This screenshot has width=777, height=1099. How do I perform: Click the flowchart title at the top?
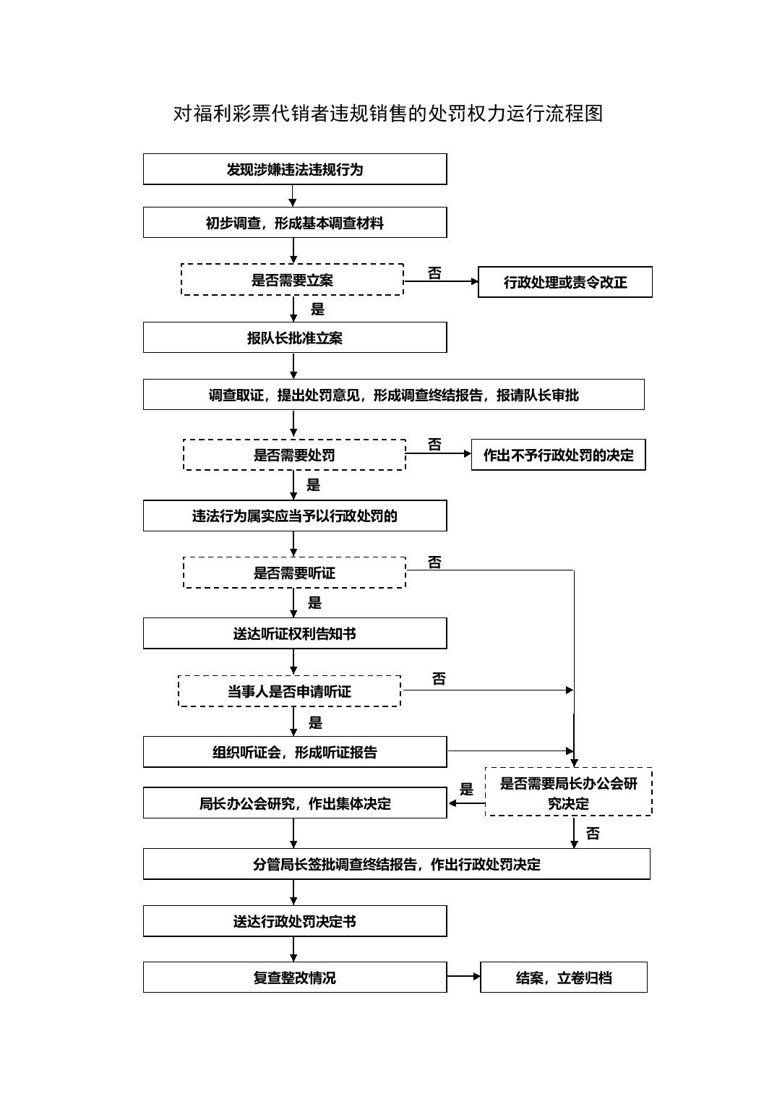(x=388, y=114)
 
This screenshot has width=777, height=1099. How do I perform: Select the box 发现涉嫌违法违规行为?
(x=295, y=169)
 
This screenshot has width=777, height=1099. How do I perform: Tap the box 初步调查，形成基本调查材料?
(x=295, y=223)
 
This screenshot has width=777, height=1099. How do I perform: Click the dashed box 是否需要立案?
(x=292, y=280)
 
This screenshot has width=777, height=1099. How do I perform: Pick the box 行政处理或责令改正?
(x=565, y=282)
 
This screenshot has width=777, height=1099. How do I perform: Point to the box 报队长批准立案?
(x=295, y=338)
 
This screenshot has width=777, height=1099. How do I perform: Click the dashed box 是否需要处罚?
(x=294, y=455)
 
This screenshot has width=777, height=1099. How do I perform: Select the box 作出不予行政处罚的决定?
(x=558, y=455)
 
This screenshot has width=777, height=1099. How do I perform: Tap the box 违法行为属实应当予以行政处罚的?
(x=295, y=516)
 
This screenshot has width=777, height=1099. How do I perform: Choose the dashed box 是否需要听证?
(x=294, y=573)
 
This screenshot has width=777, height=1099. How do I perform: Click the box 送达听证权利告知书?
(x=295, y=633)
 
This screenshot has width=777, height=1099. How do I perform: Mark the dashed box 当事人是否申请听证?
(x=289, y=691)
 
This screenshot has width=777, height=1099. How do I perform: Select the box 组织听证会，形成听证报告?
(x=295, y=752)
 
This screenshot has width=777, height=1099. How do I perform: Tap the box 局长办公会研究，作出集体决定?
(x=295, y=803)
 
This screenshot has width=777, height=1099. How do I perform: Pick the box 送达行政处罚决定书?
(x=295, y=921)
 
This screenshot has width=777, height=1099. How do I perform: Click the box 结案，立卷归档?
(x=564, y=978)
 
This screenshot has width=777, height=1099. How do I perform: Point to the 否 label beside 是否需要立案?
(x=434, y=273)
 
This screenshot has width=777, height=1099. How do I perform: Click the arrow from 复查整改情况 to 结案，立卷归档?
(x=463, y=976)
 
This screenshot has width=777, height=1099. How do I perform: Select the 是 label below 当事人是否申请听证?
(x=315, y=722)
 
